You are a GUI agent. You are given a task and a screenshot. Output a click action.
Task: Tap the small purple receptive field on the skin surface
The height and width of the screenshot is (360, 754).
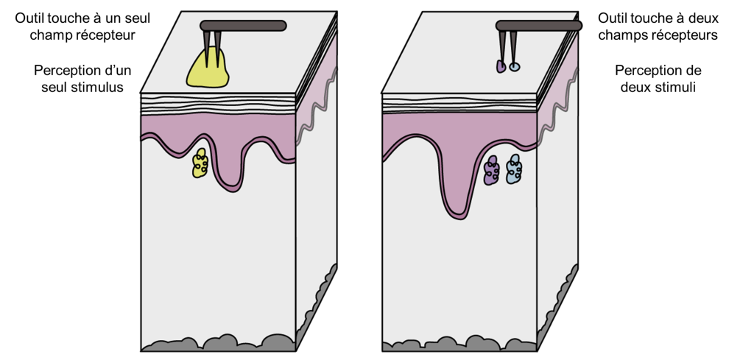click(501, 66)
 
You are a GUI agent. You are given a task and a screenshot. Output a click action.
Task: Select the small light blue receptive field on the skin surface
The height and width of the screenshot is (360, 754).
click(515, 67)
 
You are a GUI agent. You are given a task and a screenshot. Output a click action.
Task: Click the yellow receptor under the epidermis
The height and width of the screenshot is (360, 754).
click(200, 163)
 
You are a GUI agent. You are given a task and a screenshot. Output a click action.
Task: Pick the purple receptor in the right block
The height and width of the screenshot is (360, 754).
click(491, 171)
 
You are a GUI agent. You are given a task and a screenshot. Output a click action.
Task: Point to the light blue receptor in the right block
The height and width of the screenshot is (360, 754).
click(514, 169)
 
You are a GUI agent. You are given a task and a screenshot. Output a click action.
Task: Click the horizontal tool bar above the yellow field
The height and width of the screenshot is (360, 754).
click(243, 26)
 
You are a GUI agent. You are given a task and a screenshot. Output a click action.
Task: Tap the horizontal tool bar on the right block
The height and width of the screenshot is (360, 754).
click(538, 26)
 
